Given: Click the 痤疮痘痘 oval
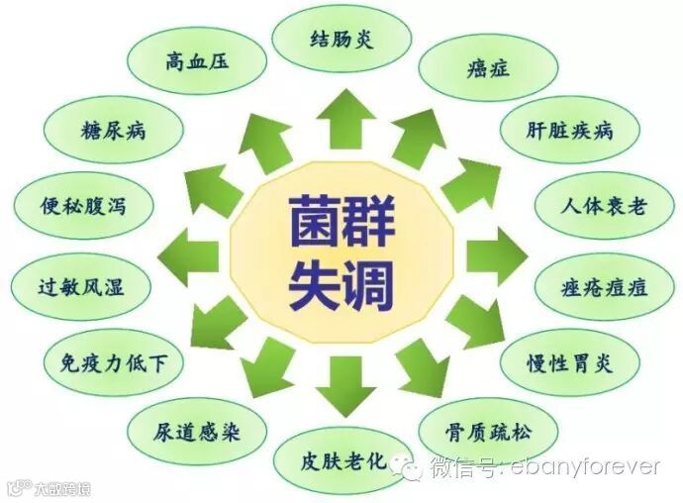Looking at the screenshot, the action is pyautogui.click(x=604, y=286).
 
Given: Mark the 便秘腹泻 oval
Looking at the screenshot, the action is pyautogui.click(x=84, y=208).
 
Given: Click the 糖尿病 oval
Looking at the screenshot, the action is pyautogui.click(x=114, y=130).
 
